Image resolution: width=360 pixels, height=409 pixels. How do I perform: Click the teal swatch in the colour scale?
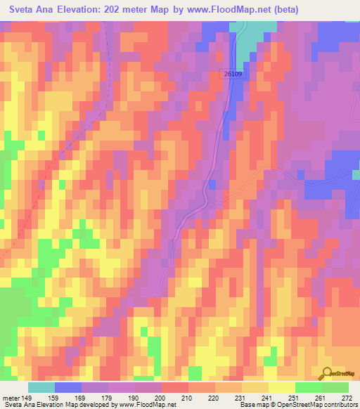tap(41, 387)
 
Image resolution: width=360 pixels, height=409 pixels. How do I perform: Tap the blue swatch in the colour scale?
tap(68, 387)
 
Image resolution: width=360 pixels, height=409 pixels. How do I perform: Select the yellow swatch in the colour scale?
tap(281, 387)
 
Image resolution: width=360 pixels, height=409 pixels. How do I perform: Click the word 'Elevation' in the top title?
tap(81, 10)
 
